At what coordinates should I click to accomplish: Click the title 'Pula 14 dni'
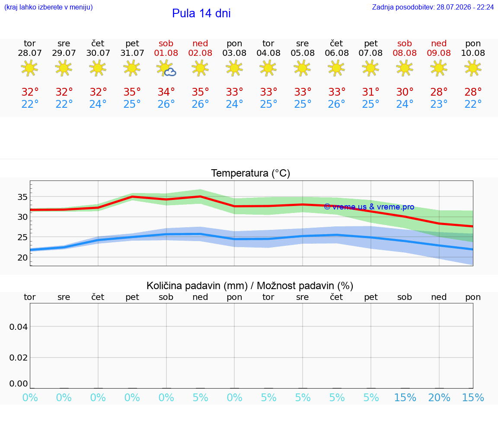[201, 13]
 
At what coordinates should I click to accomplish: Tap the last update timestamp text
[433, 7]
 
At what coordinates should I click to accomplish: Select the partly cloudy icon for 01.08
[166, 68]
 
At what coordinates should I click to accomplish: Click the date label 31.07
[132, 53]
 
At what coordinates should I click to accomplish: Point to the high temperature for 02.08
[201, 92]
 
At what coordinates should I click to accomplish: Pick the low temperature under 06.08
[337, 104]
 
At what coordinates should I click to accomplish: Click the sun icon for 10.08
[473, 68]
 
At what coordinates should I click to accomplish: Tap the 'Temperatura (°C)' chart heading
[251, 173]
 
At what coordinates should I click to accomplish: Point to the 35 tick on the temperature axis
[22, 197]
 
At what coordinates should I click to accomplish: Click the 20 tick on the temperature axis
[22, 258]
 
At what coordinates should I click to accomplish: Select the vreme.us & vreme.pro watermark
[369, 207]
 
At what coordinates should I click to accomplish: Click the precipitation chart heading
[250, 286]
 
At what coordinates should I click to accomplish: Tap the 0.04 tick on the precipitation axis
[19, 327]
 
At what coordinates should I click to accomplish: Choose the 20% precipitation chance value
[439, 397]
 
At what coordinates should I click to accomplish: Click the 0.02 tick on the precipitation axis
[19, 358]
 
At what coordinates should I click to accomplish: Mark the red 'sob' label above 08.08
[405, 43]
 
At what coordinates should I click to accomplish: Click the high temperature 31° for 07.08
[371, 92]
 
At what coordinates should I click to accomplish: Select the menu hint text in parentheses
[48, 7]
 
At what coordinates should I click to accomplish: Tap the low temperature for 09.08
[439, 104]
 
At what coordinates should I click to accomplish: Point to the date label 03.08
[234, 53]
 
